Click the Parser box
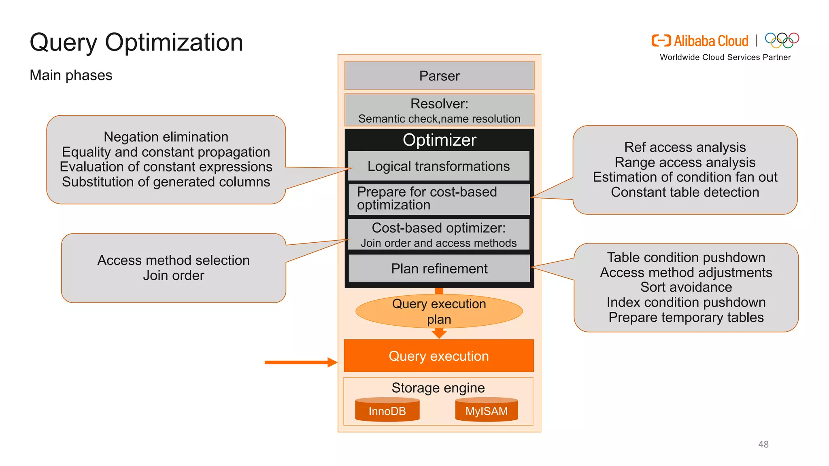click(439, 76)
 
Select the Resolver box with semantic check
click(439, 110)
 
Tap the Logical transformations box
click(439, 166)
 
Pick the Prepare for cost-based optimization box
click(439, 199)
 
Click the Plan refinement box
click(439, 269)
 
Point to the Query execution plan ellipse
click(439, 311)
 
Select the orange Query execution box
click(439, 356)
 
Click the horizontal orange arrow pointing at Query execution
click(300, 362)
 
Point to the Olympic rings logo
click(782, 40)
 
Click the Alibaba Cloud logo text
click(711, 41)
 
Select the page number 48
click(763, 444)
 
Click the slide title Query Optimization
click(136, 42)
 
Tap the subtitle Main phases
click(71, 75)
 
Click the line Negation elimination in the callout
click(166, 137)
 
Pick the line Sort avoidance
click(686, 287)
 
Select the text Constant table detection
click(685, 192)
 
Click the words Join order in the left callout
click(173, 275)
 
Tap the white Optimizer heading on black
click(439, 140)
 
